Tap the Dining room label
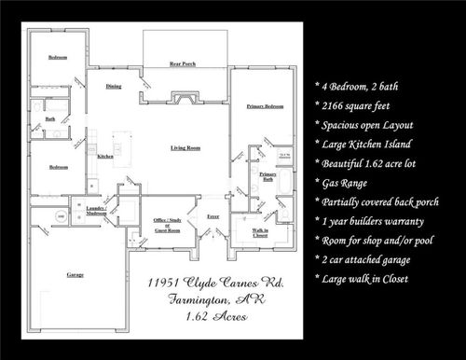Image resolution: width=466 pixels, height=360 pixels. [x=114, y=86]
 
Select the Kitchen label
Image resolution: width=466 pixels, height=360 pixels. [x=105, y=157]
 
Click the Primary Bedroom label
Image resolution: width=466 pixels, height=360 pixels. [x=265, y=107]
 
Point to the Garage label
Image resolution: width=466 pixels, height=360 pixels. [x=75, y=276]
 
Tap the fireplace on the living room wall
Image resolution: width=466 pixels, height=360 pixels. [x=184, y=97]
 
